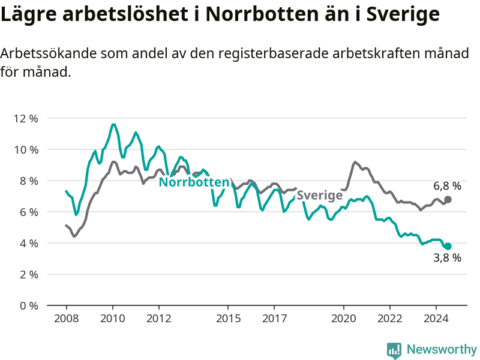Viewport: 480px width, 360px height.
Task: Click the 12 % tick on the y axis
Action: (x=26, y=118)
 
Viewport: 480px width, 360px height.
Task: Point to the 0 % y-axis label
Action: (x=29, y=306)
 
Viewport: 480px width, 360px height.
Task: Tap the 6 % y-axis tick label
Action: (x=29, y=212)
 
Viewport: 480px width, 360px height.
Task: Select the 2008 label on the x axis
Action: (x=67, y=319)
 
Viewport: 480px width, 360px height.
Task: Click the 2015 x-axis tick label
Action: (x=228, y=319)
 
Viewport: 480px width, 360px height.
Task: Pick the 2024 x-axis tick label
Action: (x=436, y=319)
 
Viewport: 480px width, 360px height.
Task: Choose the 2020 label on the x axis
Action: (x=343, y=319)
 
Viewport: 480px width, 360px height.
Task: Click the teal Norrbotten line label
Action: (x=194, y=182)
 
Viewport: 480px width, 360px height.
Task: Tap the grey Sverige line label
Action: (x=320, y=196)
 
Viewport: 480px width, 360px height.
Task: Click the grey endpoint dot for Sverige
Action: (x=448, y=200)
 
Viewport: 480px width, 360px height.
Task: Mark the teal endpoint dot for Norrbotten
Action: (x=448, y=246)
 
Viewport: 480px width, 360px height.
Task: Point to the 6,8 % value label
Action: (x=447, y=186)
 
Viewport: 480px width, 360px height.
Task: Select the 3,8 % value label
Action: (x=447, y=258)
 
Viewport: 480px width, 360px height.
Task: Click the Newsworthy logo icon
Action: (x=394, y=350)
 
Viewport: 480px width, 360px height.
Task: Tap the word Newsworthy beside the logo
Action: (x=442, y=349)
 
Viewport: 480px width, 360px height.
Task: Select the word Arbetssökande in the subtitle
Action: (x=49, y=53)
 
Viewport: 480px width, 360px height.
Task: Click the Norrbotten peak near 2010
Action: (x=113, y=124)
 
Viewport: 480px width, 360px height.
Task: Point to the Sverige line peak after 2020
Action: (x=355, y=162)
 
